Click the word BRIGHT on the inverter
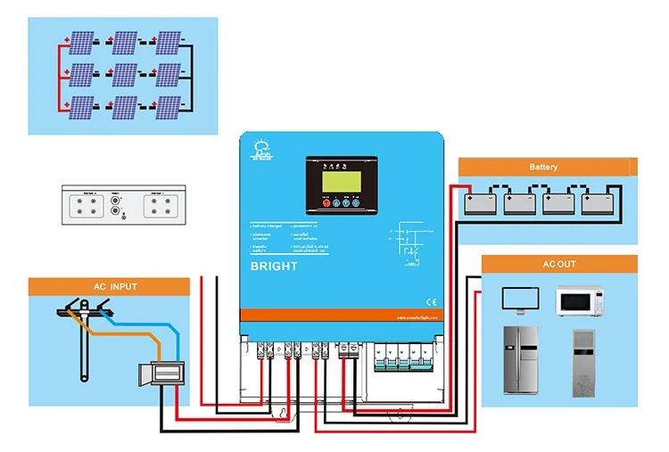275,266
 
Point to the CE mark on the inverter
430,301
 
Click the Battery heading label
543,167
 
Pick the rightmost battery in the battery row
599,201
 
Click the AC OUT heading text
559,265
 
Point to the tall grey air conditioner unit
587,360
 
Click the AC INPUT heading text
116,287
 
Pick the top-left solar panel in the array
81,43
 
